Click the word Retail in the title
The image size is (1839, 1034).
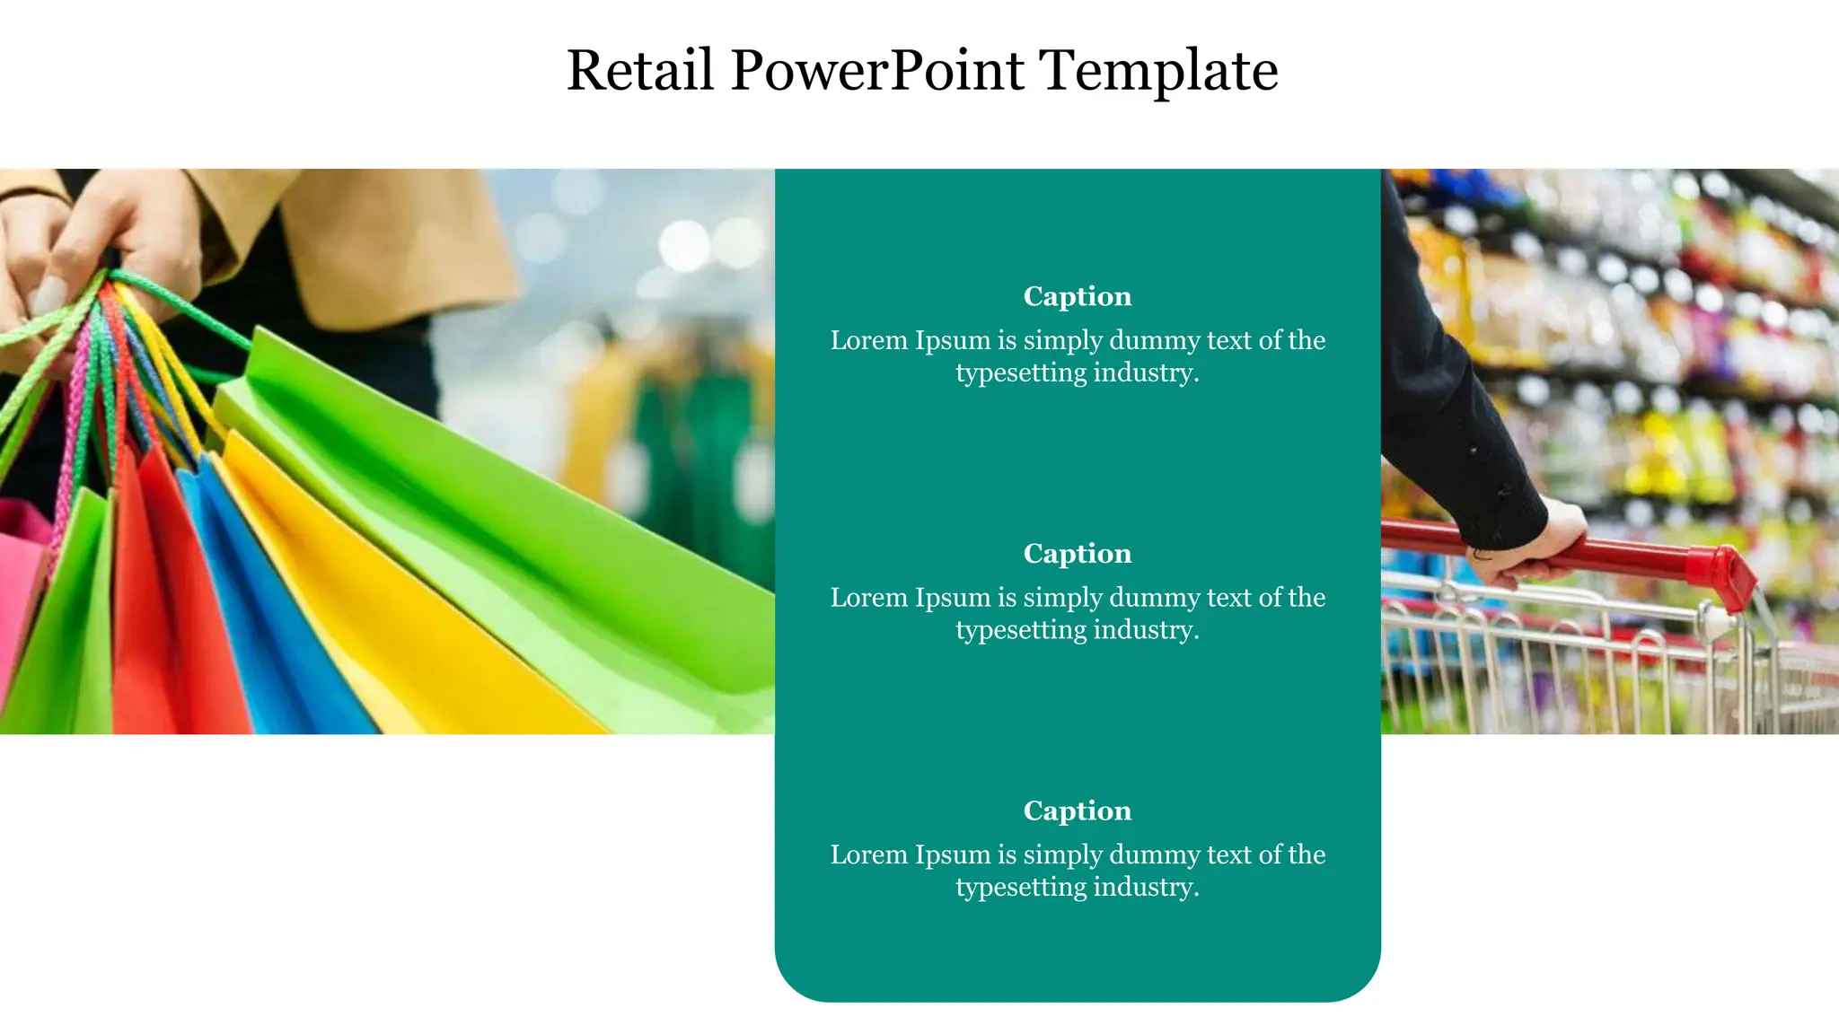click(x=639, y=70)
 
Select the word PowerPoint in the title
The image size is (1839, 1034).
click(x=876, y=70)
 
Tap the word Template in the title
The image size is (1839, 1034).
click(x=1158, y=70)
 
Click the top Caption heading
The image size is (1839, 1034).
click(x=1077, y=296)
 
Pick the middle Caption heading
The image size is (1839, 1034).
click(x=1077, y=553)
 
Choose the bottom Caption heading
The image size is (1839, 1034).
click(x=1077, y=811)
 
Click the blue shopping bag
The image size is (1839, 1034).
click(x=269, y=610)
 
